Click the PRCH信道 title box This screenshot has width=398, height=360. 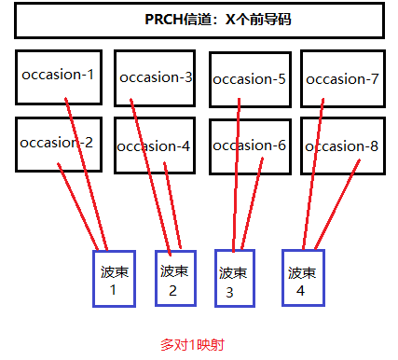tap(199, 20)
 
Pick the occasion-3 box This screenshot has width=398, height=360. tap(155, 77)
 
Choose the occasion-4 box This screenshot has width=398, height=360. tap(155, 146)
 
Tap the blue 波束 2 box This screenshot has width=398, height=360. tap(175, 278)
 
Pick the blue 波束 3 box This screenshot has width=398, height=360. tap(234, 278)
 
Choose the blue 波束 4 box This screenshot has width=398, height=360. tap(302, 278)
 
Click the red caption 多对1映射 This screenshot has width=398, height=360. tap(192, 344)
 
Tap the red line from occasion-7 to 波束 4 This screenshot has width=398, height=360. tap(313, 177)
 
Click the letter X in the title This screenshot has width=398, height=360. tap(232, 20)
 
